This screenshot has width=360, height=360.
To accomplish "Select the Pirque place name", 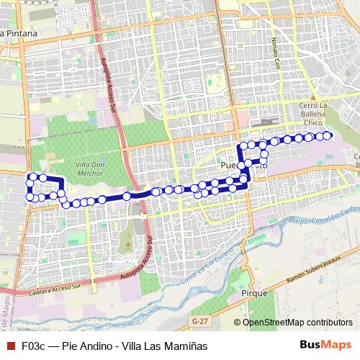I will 256,294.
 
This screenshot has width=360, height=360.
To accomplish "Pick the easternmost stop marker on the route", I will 328,135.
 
